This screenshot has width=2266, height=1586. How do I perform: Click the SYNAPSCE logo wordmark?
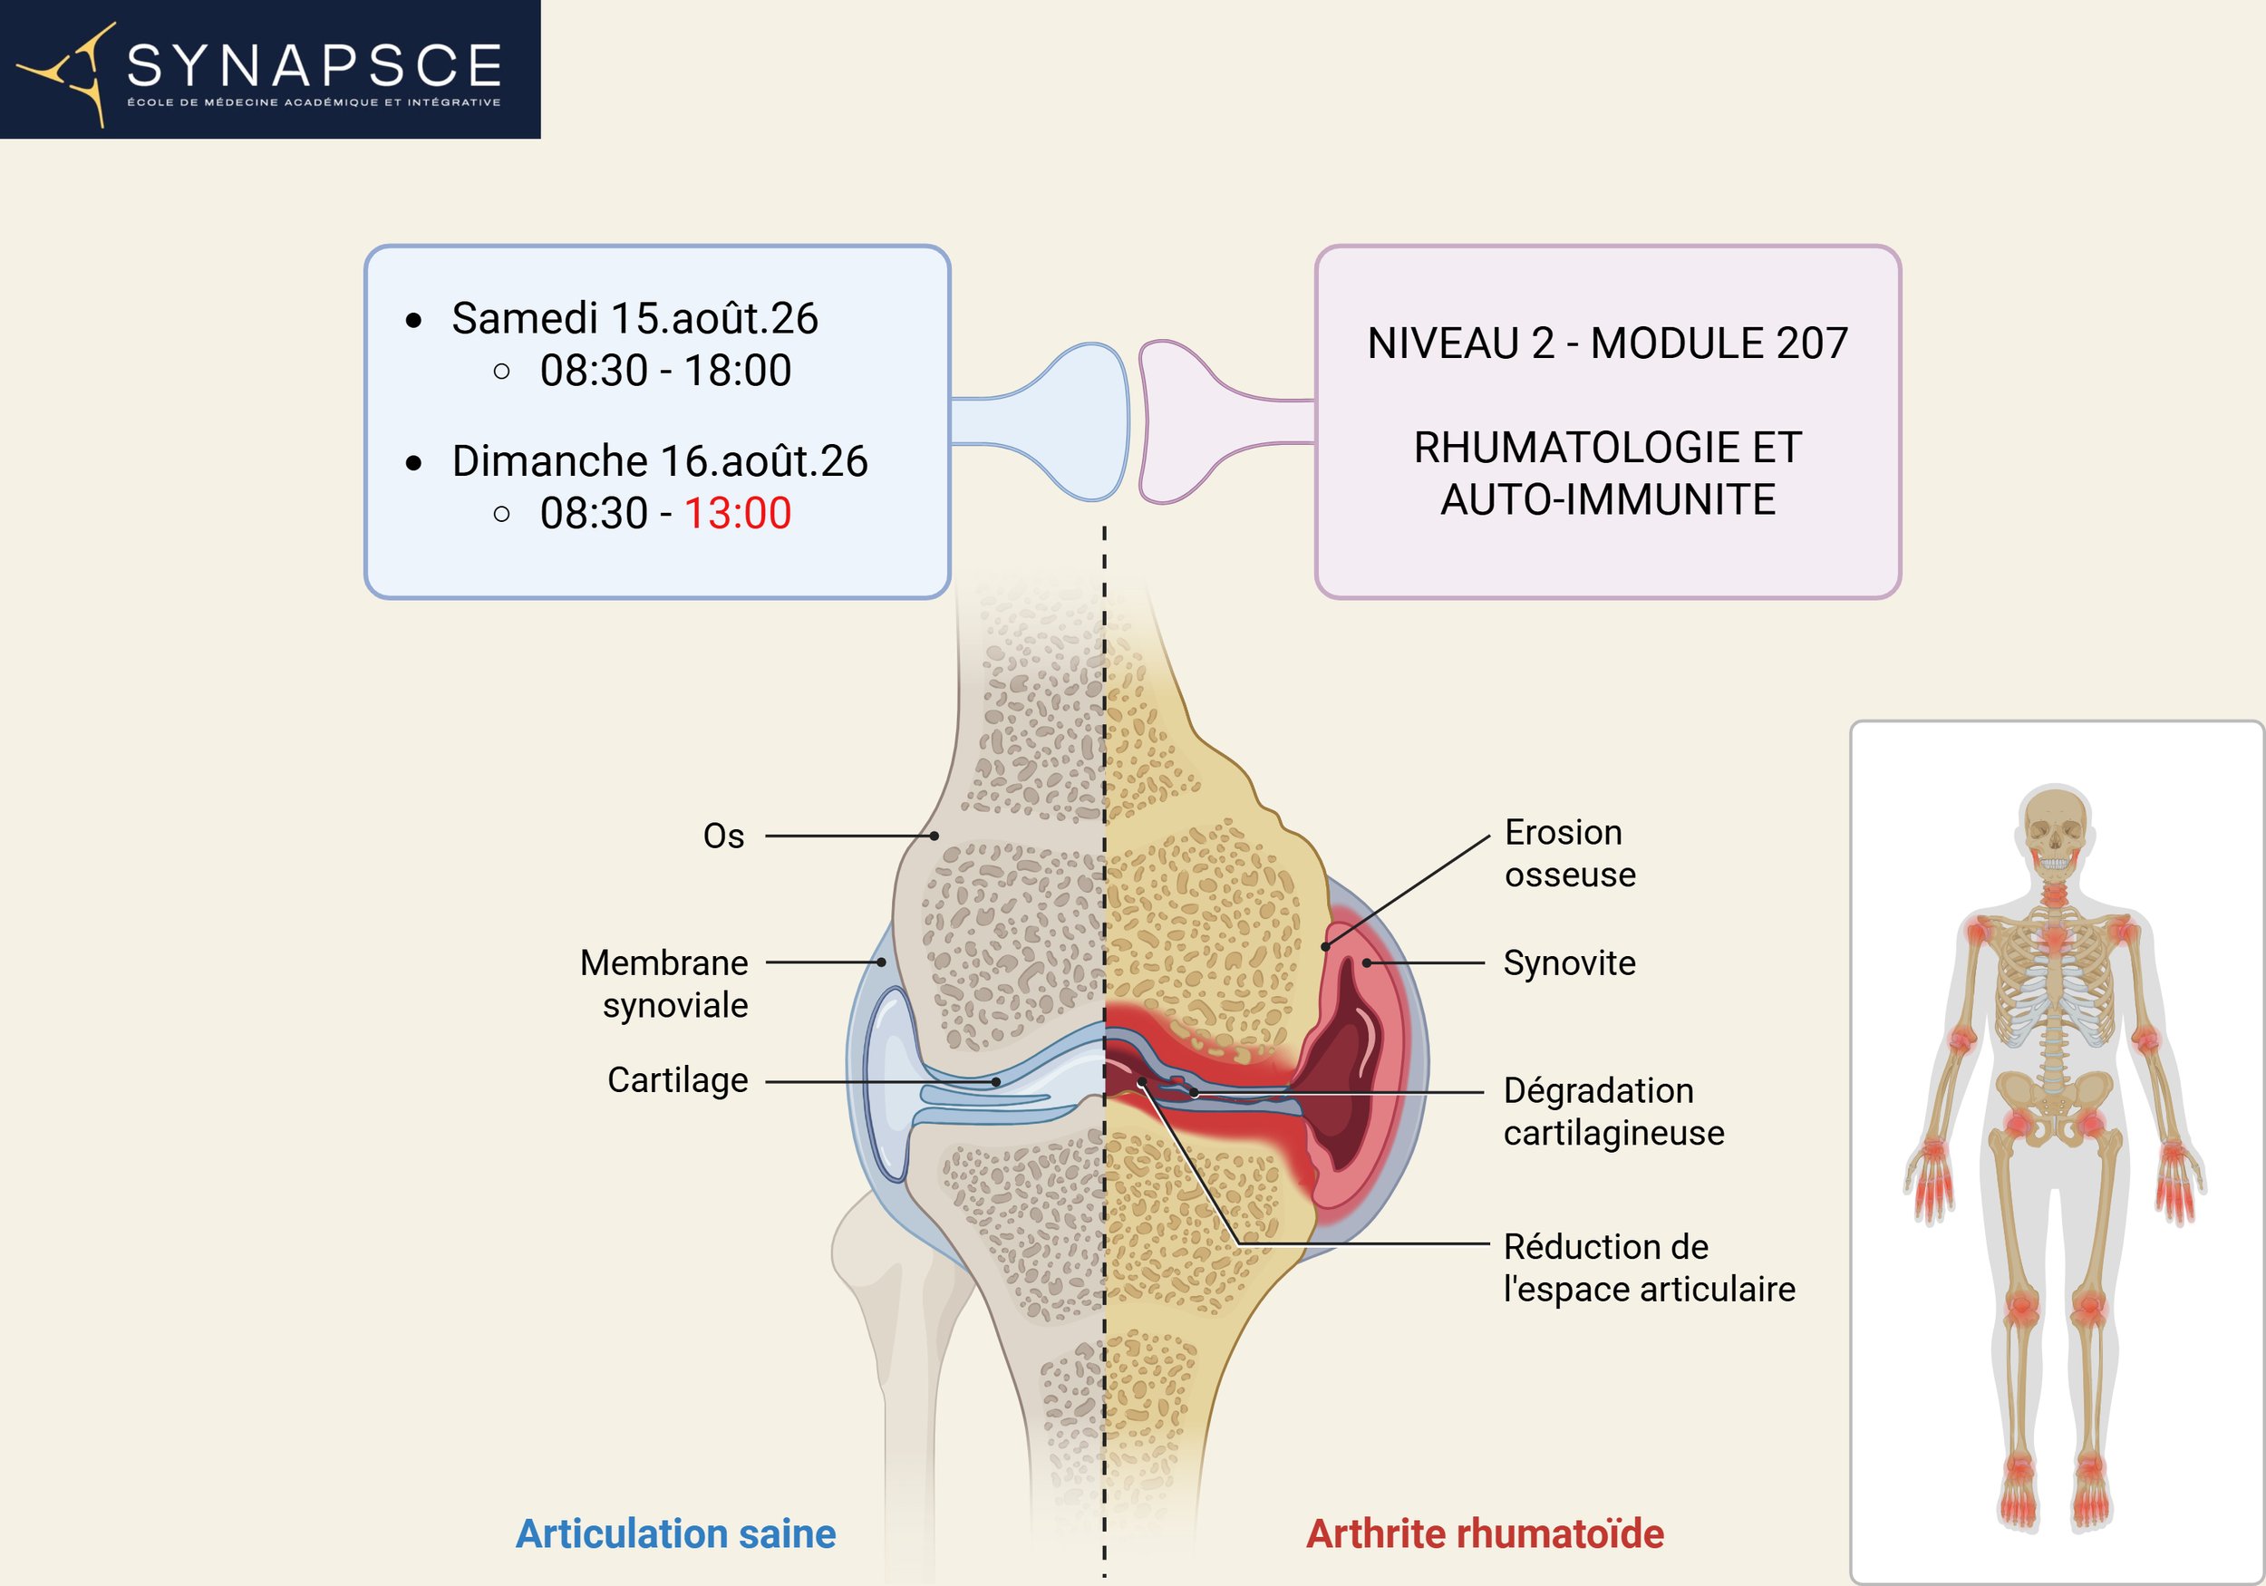point(314,65)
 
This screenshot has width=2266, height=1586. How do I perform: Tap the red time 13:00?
point(737,513)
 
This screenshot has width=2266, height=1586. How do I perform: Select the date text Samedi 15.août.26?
point(634,319)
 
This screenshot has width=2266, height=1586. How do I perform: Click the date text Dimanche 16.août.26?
point(659,461)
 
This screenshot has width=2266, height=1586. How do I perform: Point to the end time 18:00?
point(737,371)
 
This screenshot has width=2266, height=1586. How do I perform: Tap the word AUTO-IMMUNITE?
point(1608,499)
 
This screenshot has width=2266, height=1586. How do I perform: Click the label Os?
point(723,836)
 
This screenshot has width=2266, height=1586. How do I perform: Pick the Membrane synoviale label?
point(664,983)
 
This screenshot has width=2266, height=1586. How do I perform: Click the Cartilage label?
point(677,1079)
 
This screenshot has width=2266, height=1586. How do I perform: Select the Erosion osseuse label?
point(1569,854)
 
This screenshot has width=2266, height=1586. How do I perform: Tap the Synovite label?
point(1569,962)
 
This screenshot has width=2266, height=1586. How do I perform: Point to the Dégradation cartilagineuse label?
point(1612,1111)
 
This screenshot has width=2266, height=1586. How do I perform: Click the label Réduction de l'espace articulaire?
point(1648,1267)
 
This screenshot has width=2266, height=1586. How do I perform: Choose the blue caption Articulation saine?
point(676,1533)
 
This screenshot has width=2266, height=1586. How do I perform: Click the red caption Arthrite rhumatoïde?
point(1485,1533)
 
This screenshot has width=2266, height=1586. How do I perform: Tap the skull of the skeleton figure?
point(2055,824)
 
